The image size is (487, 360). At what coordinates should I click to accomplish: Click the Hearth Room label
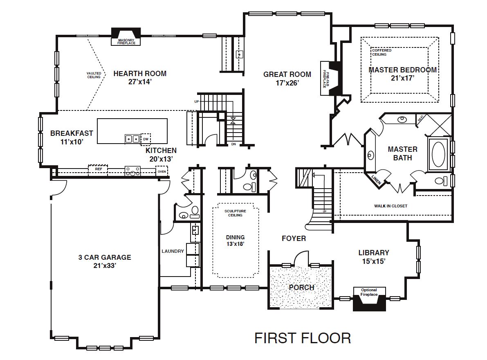tap(140, 74)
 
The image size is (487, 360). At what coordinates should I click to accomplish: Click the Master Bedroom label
tap(402, 70)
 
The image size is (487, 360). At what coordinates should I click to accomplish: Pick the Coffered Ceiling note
tap(382, 52)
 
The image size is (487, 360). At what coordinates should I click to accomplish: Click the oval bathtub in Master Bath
tap(438, 154)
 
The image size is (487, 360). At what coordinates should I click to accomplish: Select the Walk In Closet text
tap(390, 206)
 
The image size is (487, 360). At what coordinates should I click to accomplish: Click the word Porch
tap(301, 287)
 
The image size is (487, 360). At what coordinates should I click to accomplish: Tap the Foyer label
tap(294, 238)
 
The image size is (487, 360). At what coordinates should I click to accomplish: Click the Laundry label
tap(173, 251)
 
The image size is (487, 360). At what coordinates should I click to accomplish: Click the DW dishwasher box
tap(146, 139)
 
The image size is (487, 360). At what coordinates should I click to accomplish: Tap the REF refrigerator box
tap(98, 169)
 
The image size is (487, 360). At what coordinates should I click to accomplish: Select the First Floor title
tap(302, 338)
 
